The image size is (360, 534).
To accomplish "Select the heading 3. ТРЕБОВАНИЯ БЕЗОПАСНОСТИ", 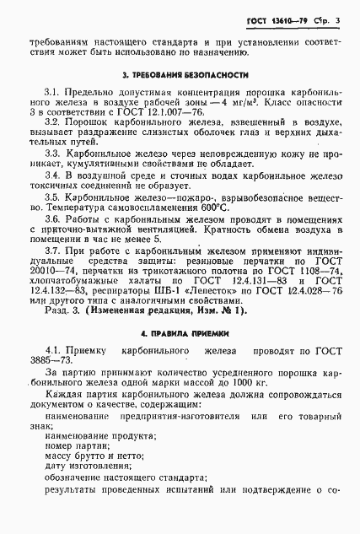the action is click(185, 76).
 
